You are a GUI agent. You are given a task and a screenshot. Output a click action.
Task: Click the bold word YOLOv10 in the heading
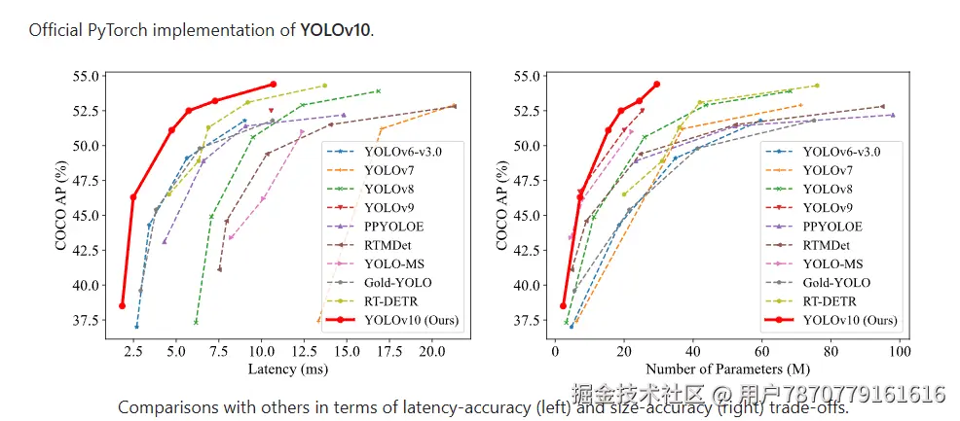click(x=335, y=29)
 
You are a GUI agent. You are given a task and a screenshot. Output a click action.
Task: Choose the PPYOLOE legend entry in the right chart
click(x=831, y=226)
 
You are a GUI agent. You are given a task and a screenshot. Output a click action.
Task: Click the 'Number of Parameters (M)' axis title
click(x=728, y=370)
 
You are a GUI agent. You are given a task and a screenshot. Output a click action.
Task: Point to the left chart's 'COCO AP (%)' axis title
click(x=61, y=197)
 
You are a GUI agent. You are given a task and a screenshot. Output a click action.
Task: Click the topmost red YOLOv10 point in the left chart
click(x=273, y=85)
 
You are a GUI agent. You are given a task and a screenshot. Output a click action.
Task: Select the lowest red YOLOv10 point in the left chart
click(x=123, y=305)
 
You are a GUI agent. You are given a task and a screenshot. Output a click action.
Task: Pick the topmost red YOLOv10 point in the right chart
click(x=656, y=85)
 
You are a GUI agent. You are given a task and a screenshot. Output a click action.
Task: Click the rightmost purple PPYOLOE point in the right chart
click(x=892, y=115)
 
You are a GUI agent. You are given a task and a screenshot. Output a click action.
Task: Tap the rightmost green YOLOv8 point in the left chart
click(x=378, y=91)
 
